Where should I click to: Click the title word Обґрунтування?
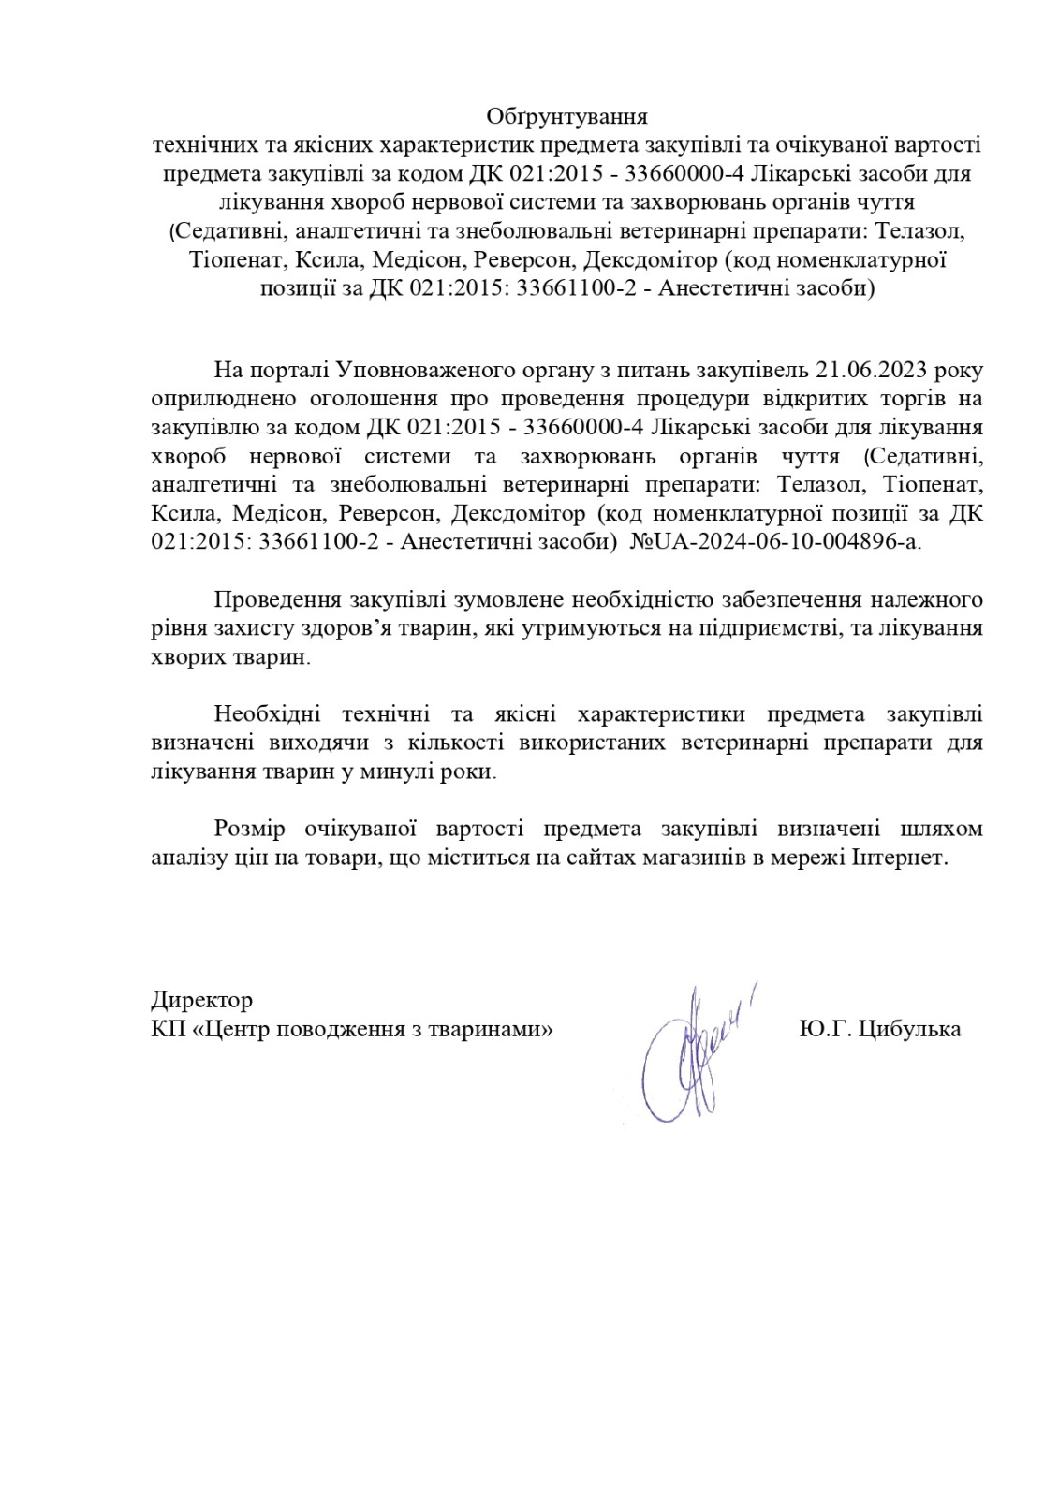coord(566,117)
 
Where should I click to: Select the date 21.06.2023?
coord(872,368)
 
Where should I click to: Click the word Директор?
coord(201,1000)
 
